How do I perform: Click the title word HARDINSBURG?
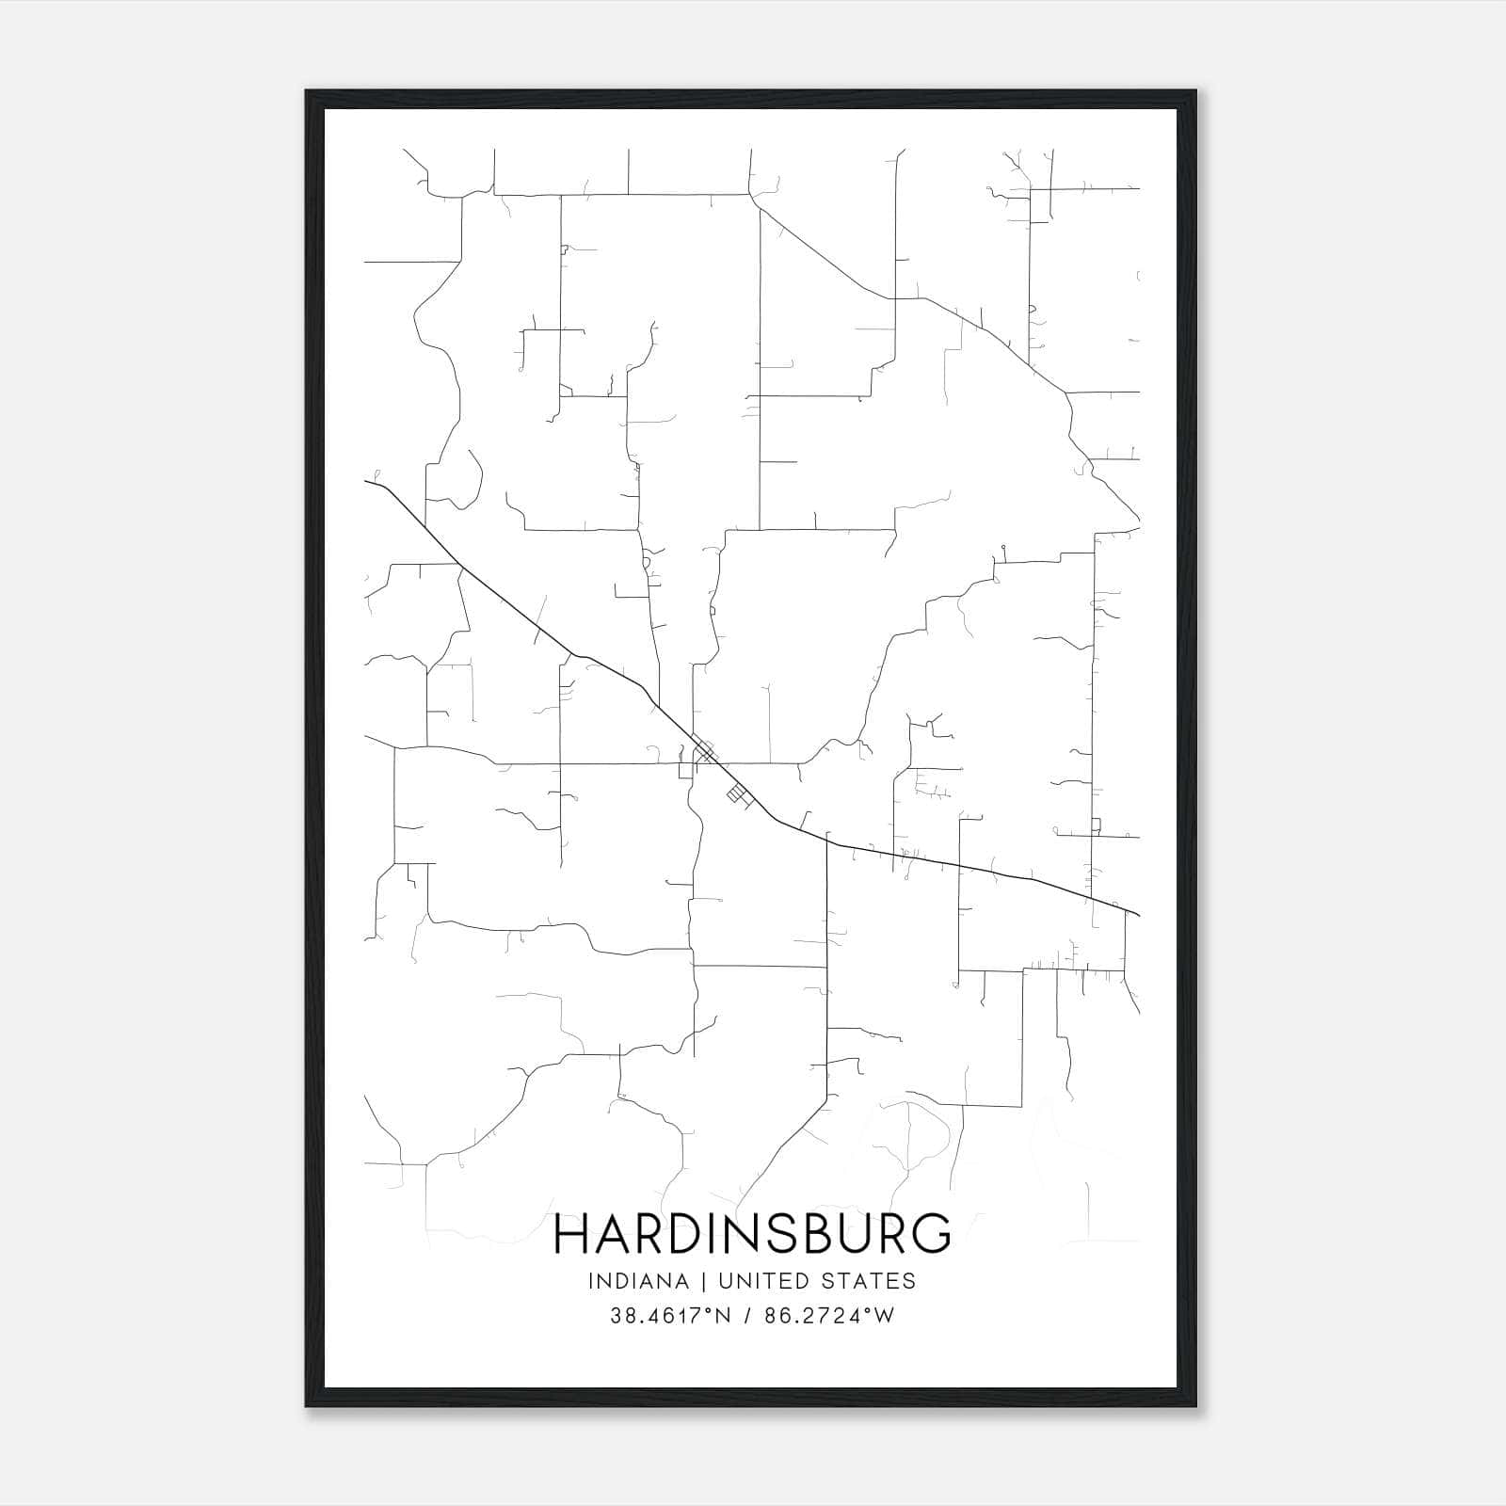coord(752,1234)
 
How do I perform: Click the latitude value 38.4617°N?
coord(670,1316)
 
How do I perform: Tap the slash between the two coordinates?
coord(746,1316)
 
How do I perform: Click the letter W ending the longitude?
coord(884,1316)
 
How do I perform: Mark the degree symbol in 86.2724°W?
coord(870,1310)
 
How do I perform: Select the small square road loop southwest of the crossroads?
coord(685,771)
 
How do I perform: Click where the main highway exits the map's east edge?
coord(1138,913)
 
